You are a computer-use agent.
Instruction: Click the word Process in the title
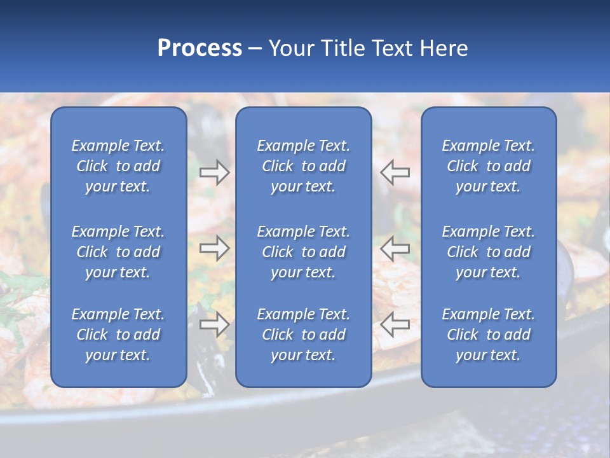[x=200, y=48]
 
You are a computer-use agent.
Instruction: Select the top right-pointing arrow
[x=215, y=172]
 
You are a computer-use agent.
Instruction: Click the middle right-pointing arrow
[x=215, y=248]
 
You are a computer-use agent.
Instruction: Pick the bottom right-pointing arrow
[x=215, y=324]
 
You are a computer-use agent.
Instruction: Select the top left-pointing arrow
[x=395, y=172]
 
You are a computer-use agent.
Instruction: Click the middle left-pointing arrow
[x=395, y=248]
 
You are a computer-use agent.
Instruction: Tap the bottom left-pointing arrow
[x=395, y=324]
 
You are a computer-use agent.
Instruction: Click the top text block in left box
[x=118, y=166]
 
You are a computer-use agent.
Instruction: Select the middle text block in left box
[x=118, y=252]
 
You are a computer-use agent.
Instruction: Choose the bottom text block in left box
[x=118, y=335]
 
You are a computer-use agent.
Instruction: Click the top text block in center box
[x=303, y=166]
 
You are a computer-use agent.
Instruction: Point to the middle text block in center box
[x=303, y=252]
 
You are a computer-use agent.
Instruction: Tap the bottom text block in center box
[x=303, y=335]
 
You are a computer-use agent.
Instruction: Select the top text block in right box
[x=489, y=166]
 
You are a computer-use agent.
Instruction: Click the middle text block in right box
[x=489, y=252]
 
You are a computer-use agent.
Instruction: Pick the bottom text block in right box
[x=489, y=335]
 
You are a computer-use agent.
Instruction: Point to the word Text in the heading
[x=392, y=48]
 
